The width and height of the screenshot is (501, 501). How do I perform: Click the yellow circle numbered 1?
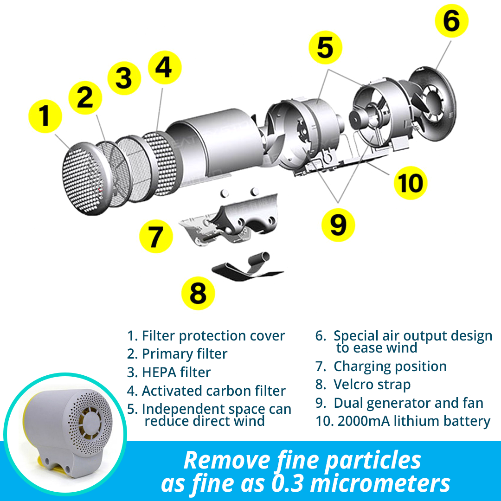coord(45,116)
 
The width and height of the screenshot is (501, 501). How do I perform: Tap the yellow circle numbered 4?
coord(165,69)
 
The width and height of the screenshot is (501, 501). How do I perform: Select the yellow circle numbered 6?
coord(451,21)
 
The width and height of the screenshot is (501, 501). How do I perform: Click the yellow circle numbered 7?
coord(156,237)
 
